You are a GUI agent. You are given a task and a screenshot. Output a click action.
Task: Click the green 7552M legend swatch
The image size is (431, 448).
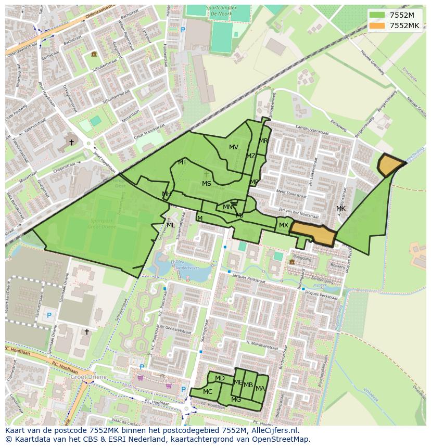pos(377,15)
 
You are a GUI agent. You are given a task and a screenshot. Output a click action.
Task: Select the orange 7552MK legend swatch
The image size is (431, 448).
pos(377,25)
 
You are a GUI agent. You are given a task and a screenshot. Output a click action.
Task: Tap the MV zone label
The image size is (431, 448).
pos(234,147)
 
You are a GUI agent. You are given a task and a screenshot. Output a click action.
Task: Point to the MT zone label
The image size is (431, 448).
pos(182,162)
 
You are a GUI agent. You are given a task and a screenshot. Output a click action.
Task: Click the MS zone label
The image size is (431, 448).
pos(207,184)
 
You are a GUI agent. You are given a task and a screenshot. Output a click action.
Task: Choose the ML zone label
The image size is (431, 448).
pos(171,225)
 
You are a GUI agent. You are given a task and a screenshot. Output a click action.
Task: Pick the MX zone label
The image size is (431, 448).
pos(283,225)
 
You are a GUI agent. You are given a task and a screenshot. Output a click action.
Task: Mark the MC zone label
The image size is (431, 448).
pos(208,392)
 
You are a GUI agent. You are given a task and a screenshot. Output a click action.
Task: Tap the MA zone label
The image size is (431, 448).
pos(260,389)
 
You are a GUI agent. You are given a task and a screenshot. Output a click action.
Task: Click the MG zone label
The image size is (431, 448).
pos(236,400)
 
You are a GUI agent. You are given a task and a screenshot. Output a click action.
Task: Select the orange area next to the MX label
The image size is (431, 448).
pos(313,234)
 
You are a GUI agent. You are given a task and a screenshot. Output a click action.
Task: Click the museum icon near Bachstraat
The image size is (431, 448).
pos(94,54)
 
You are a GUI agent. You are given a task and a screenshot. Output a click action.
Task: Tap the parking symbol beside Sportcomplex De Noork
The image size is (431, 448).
pos(183,30)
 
